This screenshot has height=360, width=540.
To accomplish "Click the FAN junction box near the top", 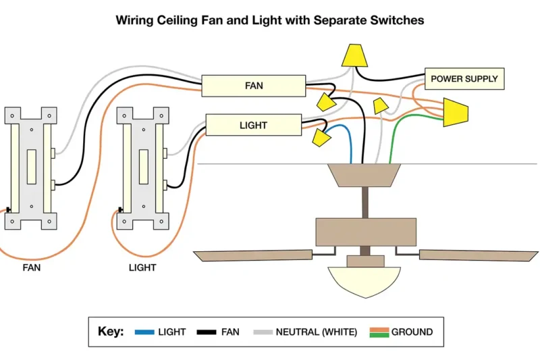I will [254, 86].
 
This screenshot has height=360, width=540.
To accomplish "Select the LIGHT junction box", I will [253, 125].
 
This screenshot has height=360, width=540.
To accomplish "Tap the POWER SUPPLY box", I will [464, 79].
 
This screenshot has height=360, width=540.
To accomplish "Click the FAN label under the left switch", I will [31, 267].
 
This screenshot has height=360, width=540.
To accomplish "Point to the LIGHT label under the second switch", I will [142, 267].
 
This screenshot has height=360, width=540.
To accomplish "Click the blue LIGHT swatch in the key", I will [144, 332].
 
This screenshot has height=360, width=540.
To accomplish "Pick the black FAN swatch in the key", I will [207, 332].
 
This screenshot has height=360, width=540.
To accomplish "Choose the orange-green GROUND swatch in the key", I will [379, 332].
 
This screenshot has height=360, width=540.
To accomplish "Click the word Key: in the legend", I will [111, 332].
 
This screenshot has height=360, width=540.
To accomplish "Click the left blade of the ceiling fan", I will [252, 255].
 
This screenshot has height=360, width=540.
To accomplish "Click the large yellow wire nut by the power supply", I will [456, 112].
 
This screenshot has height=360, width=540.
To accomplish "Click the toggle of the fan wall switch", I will [31, 160].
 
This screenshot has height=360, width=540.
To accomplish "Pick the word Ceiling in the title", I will [178, 20].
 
